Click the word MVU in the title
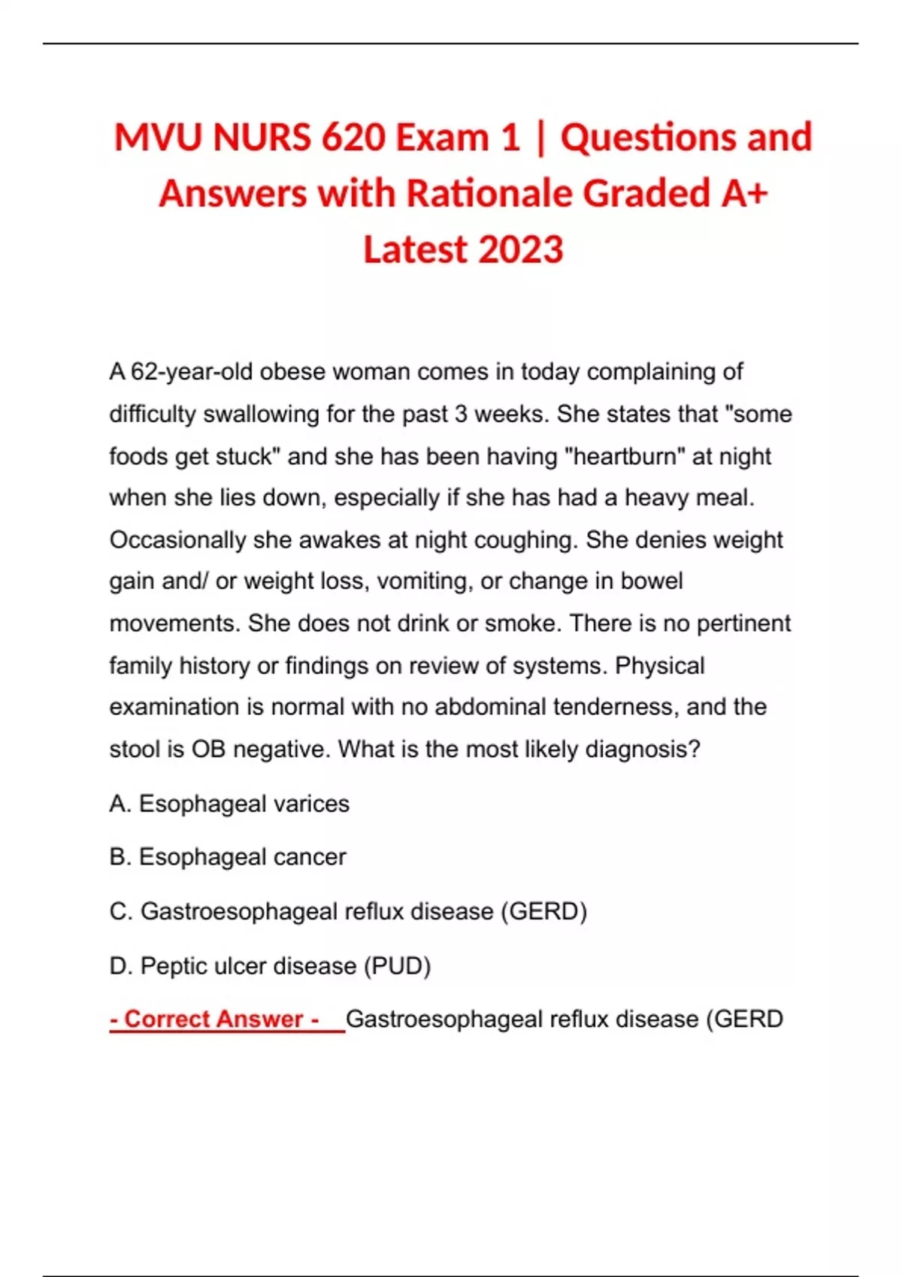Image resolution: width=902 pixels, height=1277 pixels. (x=159, y=138)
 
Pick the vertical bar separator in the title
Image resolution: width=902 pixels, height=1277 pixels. (x=540, y=138)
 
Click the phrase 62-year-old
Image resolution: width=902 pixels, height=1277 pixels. (x=191, y=372)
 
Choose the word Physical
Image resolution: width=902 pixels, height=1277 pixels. (x=660, y=666)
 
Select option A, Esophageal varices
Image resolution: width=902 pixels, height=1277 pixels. (x=229, y=804)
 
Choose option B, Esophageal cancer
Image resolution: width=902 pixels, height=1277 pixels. (x=228, y=857)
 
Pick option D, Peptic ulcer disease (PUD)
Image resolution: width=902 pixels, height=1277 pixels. (x=270, y=966)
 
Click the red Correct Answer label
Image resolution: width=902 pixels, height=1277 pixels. (x=215, y=1019)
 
